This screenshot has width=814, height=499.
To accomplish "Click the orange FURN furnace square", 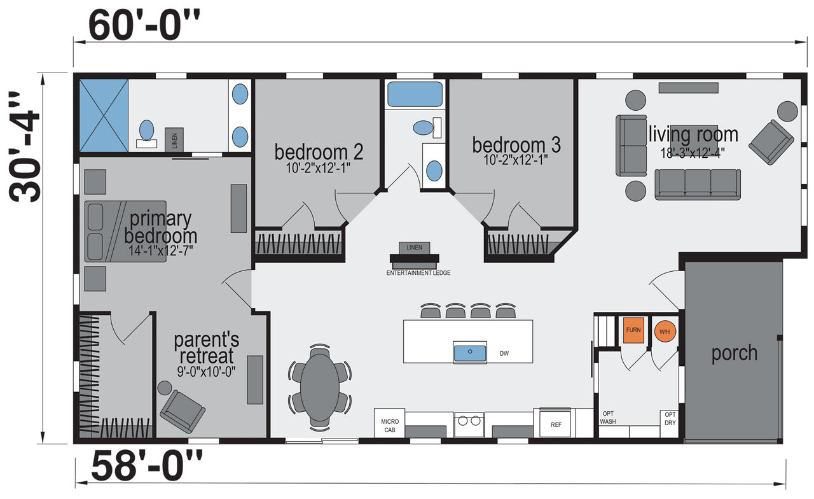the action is (x=633, y=330).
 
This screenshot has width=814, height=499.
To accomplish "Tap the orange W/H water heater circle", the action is (x=665, y=332).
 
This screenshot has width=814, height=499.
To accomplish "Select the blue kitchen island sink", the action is (x=470, y=353).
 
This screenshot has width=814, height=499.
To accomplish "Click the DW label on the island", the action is (x=504, y=353).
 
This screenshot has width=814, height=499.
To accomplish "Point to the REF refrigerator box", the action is (x=555, y=424).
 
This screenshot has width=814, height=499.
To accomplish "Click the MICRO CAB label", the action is (x=390, y=426).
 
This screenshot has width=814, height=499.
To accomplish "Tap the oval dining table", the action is (x=320, y=388).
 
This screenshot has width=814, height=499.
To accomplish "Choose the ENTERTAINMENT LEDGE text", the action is (x=418, y=273).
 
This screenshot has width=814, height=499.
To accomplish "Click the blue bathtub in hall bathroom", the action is (x=415, y=94).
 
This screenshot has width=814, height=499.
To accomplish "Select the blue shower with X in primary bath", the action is (x=104, y=116).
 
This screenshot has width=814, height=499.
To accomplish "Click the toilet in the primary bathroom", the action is (x=146, y=134).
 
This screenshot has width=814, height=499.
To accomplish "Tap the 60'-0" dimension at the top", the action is (x=144, y=26).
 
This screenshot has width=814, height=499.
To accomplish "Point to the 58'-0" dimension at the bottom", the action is (x=146, y=466).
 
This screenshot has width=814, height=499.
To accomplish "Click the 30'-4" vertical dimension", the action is (x=24, y=146).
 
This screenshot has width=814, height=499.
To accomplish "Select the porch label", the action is (x=735, y=353).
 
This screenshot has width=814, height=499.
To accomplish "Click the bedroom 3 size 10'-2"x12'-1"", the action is (x=516, y=159).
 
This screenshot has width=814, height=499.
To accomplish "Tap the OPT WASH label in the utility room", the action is (x=608, y=418).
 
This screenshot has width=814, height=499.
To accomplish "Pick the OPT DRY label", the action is (x=670, y=419).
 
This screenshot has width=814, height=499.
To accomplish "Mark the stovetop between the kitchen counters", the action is (x=469, y=425).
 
